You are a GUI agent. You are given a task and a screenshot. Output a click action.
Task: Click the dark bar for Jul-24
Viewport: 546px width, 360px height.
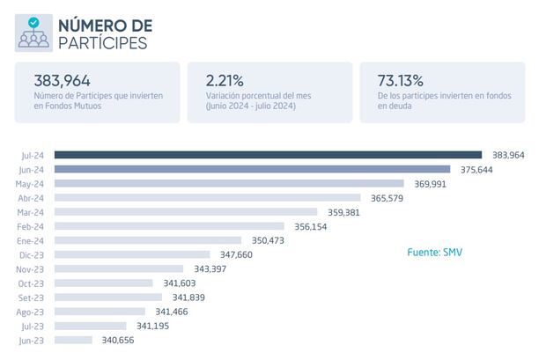pyautogui.click(x=268, y=155)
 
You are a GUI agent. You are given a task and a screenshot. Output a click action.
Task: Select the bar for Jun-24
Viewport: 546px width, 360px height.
pyautogui.click(x=252, y=169)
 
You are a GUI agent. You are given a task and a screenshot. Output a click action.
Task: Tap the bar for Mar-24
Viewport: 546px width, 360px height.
pyautogui.click(x=185, y=212)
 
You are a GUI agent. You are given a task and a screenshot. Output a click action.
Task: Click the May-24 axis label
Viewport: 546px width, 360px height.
pyautogui.click(x=30, y=184)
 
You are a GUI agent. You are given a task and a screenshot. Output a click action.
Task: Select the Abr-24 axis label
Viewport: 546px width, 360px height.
pyautogui.click(x=31, y=198)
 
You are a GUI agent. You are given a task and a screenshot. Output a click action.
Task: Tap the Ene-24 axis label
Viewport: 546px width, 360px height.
pyautogui.click(x=31, y=240)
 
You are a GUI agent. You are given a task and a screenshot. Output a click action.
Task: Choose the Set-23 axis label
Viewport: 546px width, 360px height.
pyautogui.click(x=31, y=298)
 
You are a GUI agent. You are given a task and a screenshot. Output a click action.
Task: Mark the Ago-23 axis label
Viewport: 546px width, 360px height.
pyautogui.click(x=30, y=312)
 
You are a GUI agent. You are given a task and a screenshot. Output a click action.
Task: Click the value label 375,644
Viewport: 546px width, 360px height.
pyautogui.click(x=475, y=170)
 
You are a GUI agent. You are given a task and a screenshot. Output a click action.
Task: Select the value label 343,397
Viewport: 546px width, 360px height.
pyautogui.click(x=209, y=268)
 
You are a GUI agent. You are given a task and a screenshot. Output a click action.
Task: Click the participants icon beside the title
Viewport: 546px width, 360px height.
pyautogui.click(x=33, y=33)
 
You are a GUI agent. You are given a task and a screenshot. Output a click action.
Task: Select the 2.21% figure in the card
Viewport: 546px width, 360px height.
pyautogui.click(x=225, y=80)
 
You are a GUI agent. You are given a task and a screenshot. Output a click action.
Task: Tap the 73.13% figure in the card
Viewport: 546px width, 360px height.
pyautogui.click(x=401, y=80)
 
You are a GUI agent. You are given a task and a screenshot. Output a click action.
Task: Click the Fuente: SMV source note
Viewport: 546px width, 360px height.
pyautogui.click(x=434, y=253)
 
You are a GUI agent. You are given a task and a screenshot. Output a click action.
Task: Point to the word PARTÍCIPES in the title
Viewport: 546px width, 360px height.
pyautogui.click(x=103, y=43)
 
